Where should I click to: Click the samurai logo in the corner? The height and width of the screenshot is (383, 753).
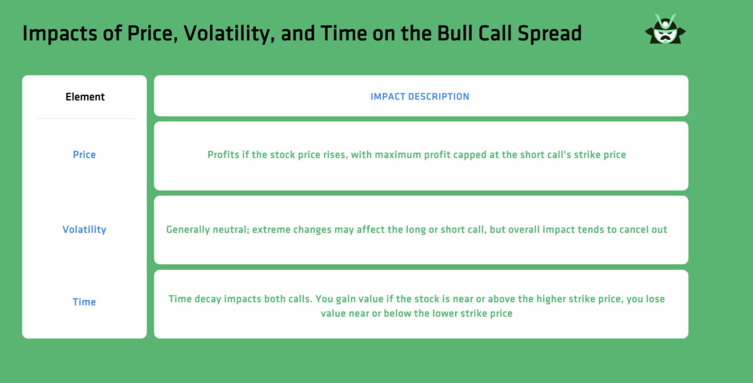pyautogui.click(x=665, y=29)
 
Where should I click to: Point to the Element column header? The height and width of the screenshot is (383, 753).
pyautogui.click(x=85, y=97)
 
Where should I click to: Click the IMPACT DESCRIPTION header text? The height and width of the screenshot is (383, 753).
pyautogui.click(x=420, y=96)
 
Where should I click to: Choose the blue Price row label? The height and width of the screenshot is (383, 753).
pyautogui.click(x=84, y=155)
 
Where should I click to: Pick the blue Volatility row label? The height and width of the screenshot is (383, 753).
pyautogui.click(x=84, y=229)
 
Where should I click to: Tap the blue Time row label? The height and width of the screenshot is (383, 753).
pyautogui.click(x=84, y=302)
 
